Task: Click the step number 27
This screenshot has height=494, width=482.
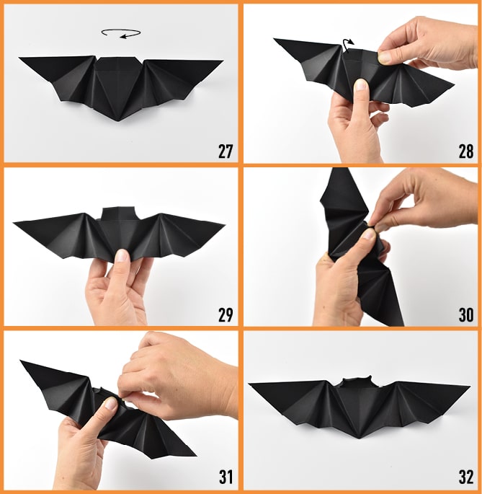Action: point(226,151)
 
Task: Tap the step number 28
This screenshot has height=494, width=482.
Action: point(466,151)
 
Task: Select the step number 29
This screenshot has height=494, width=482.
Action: point(226,314)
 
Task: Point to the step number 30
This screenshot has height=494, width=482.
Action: point(466,314)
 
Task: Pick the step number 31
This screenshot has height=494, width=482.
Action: point(226,477)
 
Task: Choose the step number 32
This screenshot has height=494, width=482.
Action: point(466,477)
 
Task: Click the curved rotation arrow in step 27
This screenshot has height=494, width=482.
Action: point(121,34)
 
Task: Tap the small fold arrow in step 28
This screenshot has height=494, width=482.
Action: point(348,45)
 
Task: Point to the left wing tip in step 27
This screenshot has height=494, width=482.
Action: point(19,58)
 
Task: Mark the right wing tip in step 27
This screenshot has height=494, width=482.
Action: point(223,61)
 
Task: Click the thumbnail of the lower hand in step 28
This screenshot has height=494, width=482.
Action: point(361,85)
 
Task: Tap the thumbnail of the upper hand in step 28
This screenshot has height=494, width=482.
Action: point(384,58)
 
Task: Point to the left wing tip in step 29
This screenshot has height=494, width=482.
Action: point(14,223)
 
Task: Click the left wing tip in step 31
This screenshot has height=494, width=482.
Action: point(21,361)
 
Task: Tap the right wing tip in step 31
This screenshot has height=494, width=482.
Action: point(195,455)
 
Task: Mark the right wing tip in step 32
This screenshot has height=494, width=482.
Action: point(470,386)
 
